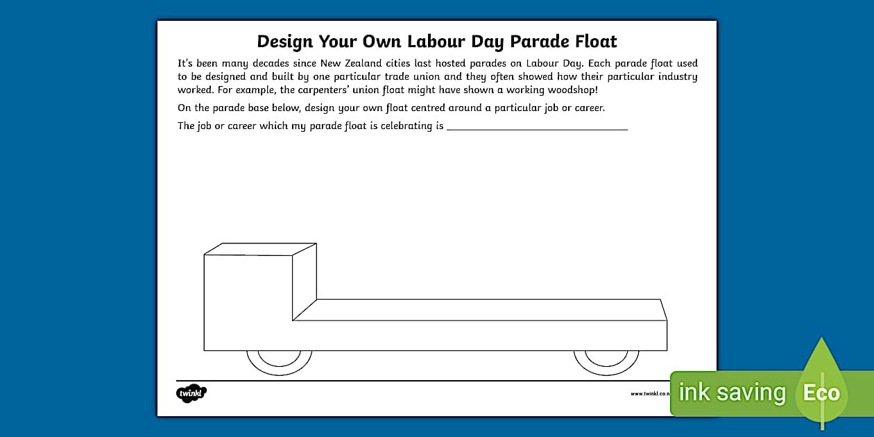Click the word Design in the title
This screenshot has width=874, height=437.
pos(284,41)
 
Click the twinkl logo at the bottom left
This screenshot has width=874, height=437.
pos(191,393)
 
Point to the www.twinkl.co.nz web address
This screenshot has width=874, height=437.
pos(649,394)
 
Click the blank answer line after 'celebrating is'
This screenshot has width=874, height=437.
pos(537,127)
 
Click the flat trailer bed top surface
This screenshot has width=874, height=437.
pos(479,309)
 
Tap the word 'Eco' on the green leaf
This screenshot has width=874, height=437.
pos(821,393)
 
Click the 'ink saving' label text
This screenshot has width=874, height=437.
pos(732,393)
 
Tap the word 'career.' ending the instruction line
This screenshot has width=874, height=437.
pos(588,108)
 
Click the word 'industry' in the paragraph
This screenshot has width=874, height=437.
pos(676,76)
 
